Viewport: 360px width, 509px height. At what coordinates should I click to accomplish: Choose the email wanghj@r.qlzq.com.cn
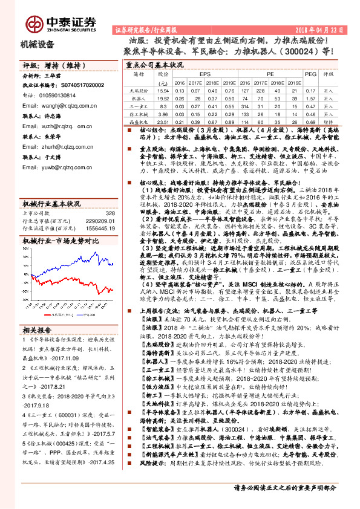tap(65, 104)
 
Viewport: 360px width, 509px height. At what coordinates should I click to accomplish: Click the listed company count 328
tap(110, 213)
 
